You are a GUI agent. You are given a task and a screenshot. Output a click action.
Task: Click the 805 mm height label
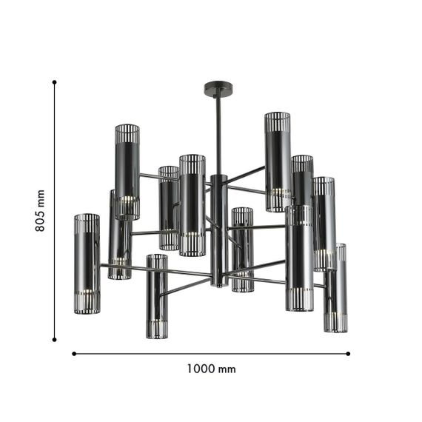[41, 210]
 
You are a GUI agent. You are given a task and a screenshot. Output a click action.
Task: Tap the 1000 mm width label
[211, 369]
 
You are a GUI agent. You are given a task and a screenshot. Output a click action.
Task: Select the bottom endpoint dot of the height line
[55, 340]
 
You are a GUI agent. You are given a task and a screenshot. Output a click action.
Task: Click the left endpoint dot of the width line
[73, 354]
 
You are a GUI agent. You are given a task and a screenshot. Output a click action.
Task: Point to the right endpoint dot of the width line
[349, 354]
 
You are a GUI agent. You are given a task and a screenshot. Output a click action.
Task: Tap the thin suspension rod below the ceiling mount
[217, 133]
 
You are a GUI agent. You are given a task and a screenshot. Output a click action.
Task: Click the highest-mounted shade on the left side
[127, 170]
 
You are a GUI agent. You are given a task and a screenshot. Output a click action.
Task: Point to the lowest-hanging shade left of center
[156, 296]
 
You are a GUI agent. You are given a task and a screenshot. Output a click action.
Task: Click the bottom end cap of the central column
[218, 282]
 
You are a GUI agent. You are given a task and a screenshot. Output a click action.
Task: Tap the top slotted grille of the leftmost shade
[87, 223]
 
